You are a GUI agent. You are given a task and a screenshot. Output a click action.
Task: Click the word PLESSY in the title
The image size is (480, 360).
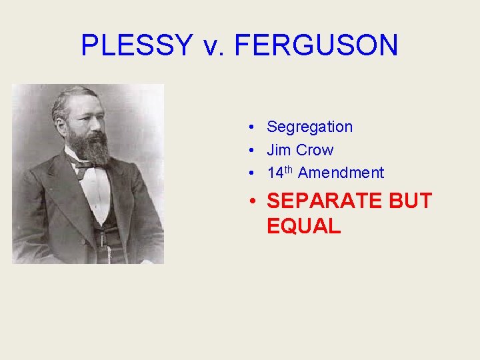pyautogui.click(x=135, y=45)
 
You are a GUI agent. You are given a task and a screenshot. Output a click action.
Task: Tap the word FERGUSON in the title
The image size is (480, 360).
pyautogui.click(x=317, y=45)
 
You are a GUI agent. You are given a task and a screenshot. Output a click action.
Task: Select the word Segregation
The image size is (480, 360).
pyautogui.click(x=309, y=127)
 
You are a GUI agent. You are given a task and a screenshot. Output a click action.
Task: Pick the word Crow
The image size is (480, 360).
pyautogui.click(x=315, y=150)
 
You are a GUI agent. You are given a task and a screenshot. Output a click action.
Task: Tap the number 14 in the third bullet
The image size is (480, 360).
pyautogui.click(x=275, y=173)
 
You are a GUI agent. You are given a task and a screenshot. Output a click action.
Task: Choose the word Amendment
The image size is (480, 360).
pyautogui.click(x=341, y=173)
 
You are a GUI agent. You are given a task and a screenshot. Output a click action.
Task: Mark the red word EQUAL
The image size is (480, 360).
pyautogui.click(x=303, y=226)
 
